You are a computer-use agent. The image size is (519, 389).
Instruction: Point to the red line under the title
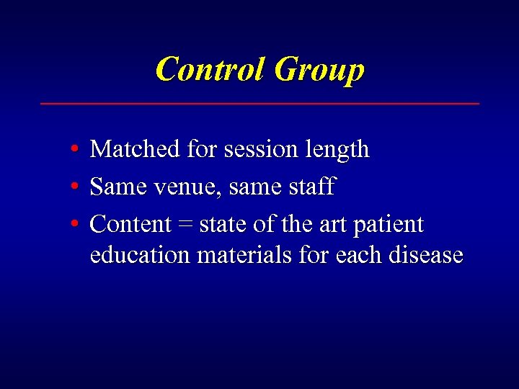[x=259, y=104]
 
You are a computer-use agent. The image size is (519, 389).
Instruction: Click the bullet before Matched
[x=76, y=150]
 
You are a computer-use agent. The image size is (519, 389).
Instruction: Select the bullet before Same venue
[x=76, y=187]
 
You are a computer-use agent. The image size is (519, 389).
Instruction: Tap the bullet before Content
[x=76, y=225]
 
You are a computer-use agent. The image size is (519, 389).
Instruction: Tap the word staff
[x=311, y=187]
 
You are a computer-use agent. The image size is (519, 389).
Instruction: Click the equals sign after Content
[x=185, y=225]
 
